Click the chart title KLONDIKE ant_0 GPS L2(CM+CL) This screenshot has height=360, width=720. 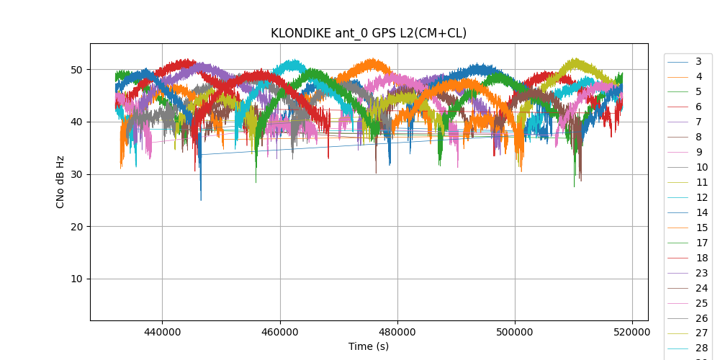pos(368,33)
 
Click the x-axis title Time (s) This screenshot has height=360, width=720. pos(368,346)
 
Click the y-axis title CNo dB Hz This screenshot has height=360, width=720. pos(60,181)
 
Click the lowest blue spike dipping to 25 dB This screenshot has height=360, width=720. pos(201,199)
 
